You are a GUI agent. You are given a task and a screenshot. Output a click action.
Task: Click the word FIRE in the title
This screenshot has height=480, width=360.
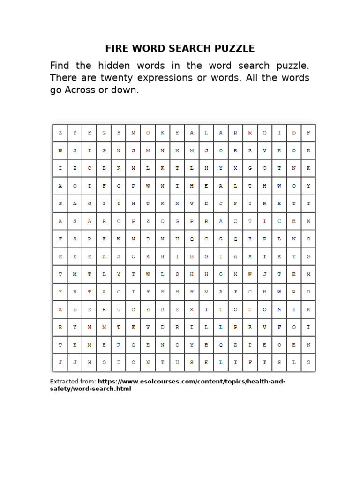tap(116, 49)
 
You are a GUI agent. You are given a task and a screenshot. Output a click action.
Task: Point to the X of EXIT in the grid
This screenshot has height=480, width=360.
tap(192, 310)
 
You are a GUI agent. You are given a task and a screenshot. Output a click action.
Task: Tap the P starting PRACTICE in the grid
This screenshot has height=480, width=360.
tap(192, 221)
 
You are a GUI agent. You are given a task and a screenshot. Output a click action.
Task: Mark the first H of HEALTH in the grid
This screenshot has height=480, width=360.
tap(192, 186)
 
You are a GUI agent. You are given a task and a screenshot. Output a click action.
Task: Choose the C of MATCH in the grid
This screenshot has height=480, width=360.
tap(250, 292)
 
